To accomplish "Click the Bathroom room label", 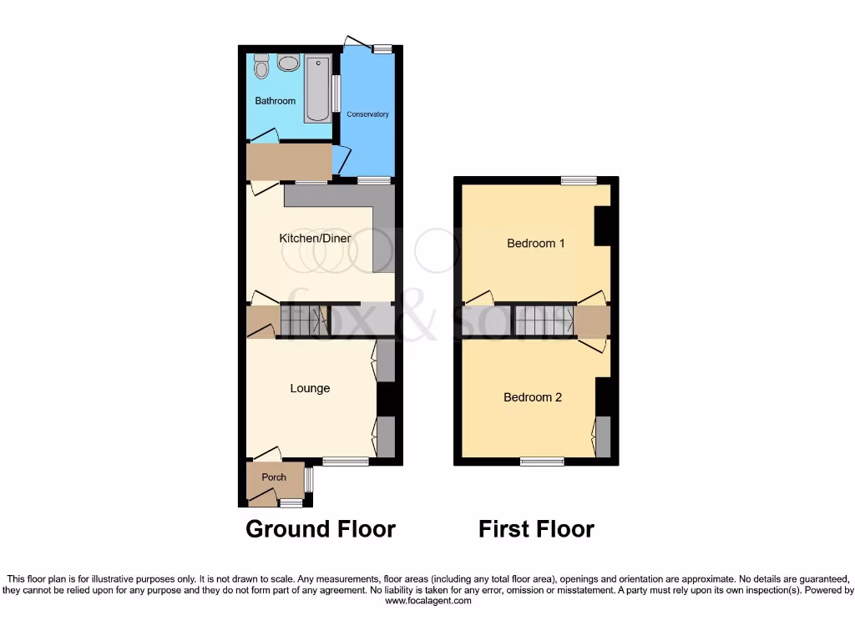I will coord(276,101).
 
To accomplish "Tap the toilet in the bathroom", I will coord(261,66).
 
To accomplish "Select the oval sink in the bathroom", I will coord(289,63).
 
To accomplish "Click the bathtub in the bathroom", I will coord(317,88).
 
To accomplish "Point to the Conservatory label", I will coord(367,114).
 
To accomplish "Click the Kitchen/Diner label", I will coord(315,239).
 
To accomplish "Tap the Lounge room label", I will coord(310,388).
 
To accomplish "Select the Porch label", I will coord(274,477).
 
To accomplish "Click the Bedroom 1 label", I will coord(536,244).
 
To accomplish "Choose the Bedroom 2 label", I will coord(533,397).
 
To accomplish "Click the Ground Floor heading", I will coord(321,529).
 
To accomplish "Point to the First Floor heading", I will coord(536,529).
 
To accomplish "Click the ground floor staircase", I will coord(302,320).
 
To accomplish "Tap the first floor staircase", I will coord(543,320).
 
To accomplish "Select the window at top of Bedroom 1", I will coord(579,180).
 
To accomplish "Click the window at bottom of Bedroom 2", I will coord(542,461).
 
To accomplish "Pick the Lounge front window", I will coord(346,461).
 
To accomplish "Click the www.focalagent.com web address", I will coord(427,600).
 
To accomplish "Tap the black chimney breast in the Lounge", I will coord(385,398).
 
